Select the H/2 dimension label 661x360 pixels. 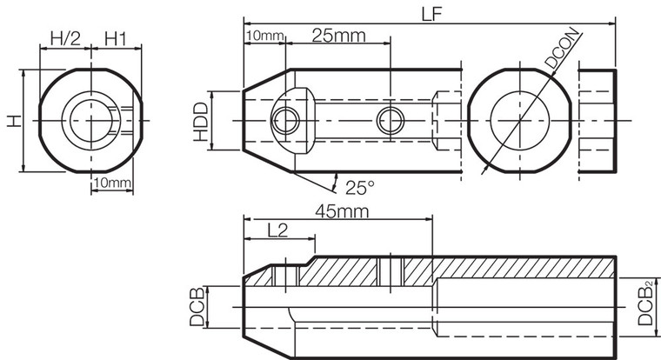tap(65, 38)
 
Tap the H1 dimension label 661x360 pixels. tap(117, 38)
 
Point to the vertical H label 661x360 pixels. tap(14, 120)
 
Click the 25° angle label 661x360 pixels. tap(359, 187)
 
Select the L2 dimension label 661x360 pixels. tap(277, 230)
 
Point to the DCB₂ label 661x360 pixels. tap(648, 303)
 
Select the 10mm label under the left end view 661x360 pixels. tap(111, 183)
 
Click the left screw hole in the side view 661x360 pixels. tap(284, 120)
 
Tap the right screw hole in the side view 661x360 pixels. tap(390, 121)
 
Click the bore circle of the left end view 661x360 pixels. tap(85, 119)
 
